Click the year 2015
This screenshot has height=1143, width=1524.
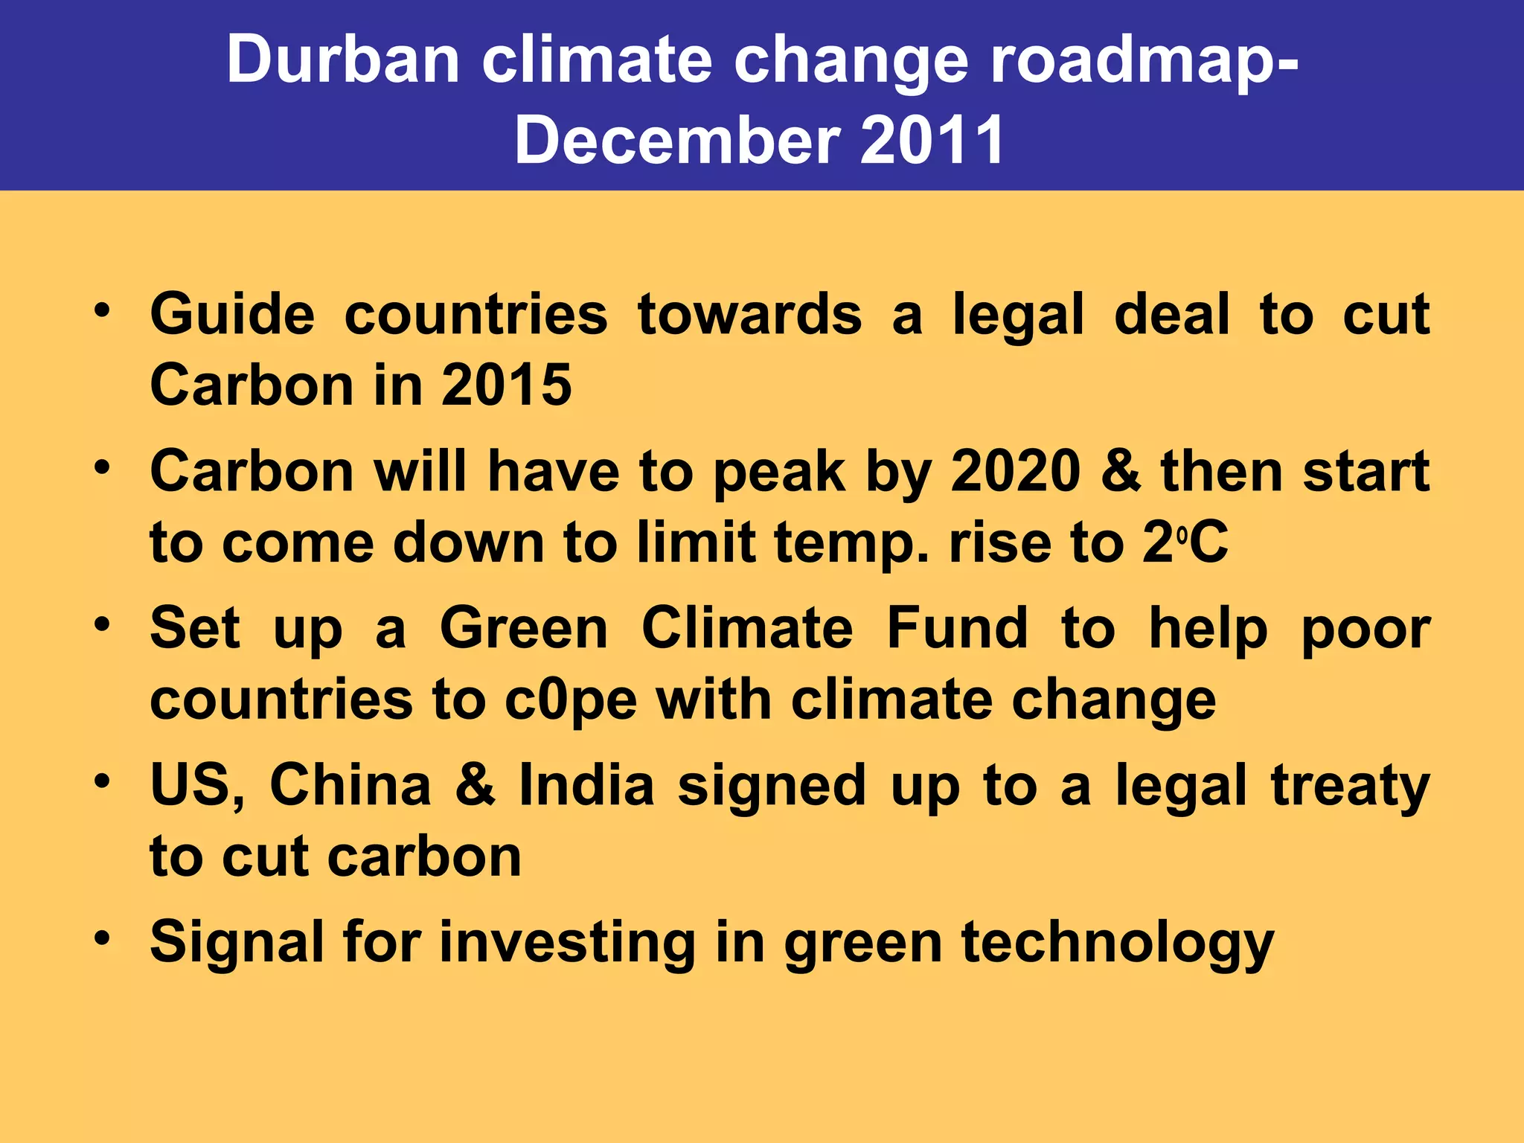coord(506,385)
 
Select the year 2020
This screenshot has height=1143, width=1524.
coord(1016,472)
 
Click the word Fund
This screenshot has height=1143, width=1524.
coord(957,628)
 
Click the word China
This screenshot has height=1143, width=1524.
coord(350,784)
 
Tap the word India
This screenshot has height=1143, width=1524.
coord(586,784)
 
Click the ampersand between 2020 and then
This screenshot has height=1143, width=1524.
coord(1121,472)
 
